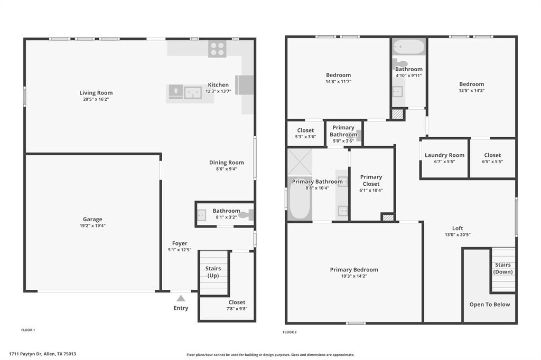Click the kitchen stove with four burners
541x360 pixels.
(217, 49)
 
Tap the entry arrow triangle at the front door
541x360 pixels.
(181, 298)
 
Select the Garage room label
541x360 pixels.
(92, 219)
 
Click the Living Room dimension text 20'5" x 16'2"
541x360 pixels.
(96, 99)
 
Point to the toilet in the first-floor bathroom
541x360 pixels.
(246, 215)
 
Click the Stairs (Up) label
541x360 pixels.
(213, 272)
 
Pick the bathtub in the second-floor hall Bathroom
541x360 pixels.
(409, 47)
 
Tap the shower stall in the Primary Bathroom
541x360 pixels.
(300, 162)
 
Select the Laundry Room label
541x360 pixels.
(444, 155)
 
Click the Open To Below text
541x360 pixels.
(490, 305)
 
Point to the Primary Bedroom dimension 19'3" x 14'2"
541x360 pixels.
(354, 276)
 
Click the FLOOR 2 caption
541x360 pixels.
(290, 332)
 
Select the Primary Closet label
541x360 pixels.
(371, 181)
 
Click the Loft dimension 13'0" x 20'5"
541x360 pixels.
(458, 235)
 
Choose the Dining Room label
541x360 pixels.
(226, 163)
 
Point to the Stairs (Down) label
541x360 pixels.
(502, 268)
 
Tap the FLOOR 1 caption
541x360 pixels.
(28, 330)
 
